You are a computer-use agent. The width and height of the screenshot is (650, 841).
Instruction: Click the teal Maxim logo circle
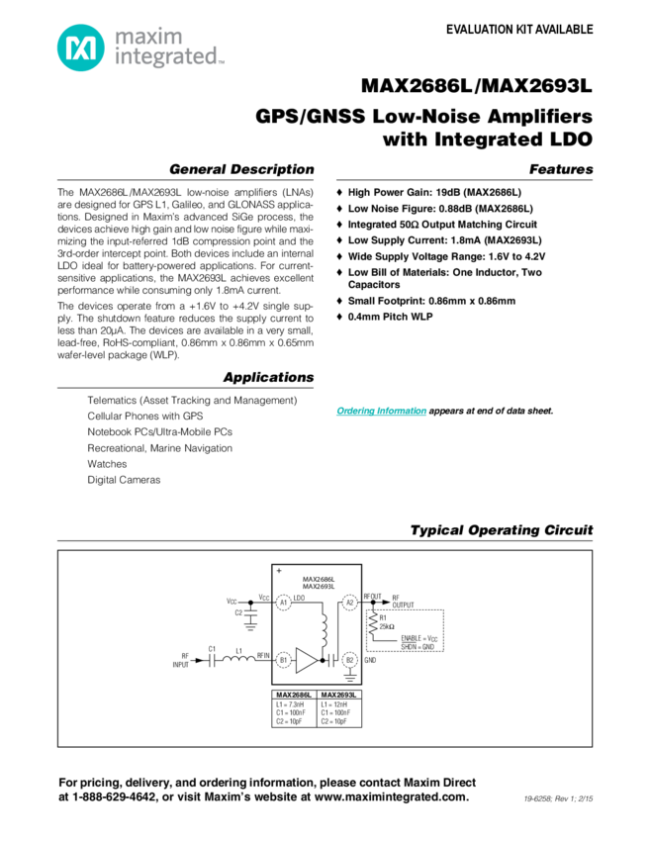point(77,46)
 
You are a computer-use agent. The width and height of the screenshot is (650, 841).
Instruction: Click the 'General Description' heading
point(241,169)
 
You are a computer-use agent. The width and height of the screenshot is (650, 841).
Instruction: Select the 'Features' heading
point(560,169)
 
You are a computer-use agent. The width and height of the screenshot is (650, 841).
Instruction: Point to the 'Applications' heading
point(268,378)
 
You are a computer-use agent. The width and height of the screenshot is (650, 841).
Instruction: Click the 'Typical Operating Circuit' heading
point(502,531)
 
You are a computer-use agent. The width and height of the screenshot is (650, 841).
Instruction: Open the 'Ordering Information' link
point(381,410)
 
